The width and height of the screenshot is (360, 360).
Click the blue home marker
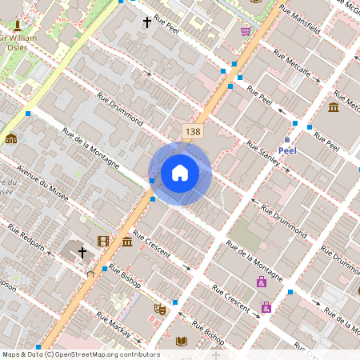click(180, 173)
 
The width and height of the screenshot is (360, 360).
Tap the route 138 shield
click(191, 131)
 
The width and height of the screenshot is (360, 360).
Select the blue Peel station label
click(287, 150)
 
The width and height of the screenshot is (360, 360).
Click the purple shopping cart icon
click(245, 31)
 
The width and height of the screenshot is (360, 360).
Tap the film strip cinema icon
click(103, 241)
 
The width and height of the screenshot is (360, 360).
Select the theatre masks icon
click(159, 307)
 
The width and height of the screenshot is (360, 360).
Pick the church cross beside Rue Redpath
click(82, 253)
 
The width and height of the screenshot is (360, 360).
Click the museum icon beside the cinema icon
click(126, 242)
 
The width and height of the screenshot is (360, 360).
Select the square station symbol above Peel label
click(287, 139)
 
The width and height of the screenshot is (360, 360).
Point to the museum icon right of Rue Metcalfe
click(334, 107)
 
